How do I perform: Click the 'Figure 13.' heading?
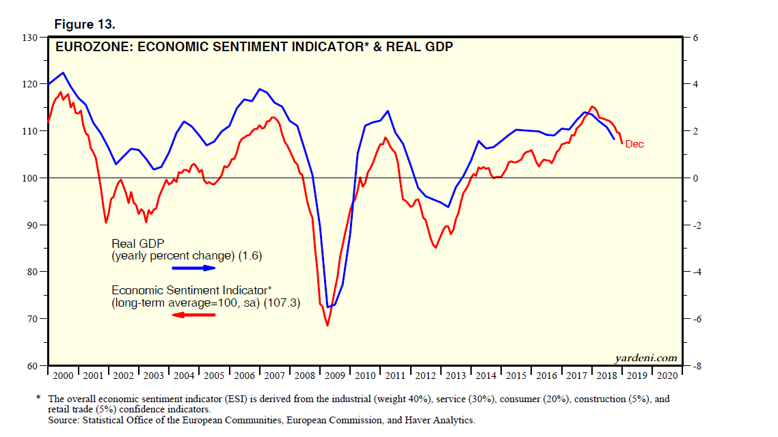point(85,25)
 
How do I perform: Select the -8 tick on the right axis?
point(696,367)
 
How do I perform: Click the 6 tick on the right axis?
point(695,38)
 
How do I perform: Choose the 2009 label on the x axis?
point(335,376)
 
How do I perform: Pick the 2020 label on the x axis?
point(667,376)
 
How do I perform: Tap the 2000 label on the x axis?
point(63,376)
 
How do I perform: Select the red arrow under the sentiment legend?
point(193,314)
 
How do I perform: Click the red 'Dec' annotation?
point(634,144)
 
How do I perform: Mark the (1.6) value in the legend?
point(250,256)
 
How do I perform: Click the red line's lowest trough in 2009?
point(327,325)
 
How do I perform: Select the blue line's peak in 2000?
point(63,72)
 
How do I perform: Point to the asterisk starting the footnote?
point(40,397)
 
